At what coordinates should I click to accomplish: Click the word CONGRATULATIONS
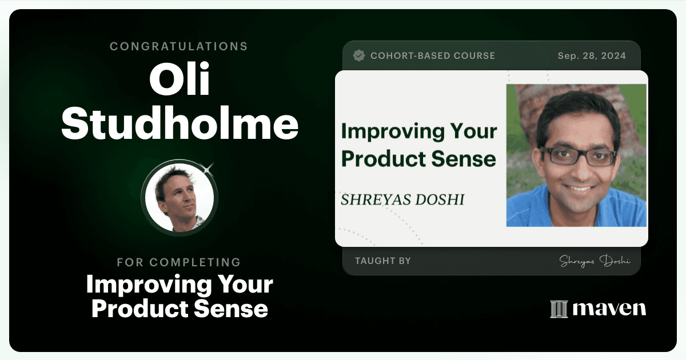click(178, 46)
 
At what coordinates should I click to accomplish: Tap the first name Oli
click(180, 79)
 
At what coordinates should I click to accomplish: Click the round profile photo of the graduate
click(180, 198)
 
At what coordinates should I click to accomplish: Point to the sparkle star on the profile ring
click(208, 169)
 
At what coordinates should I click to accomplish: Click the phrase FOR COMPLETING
click(179, 262)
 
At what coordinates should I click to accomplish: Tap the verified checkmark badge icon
click(359, 55)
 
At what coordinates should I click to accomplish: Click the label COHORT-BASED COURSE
click(433, 56)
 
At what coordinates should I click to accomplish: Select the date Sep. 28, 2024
click(592, 56)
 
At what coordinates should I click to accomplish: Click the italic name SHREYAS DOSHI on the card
click(402, 199)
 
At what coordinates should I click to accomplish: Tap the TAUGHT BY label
click(383, 261)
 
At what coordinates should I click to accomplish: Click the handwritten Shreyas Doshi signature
click(595, 261)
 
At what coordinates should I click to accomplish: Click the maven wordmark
click(609, 309)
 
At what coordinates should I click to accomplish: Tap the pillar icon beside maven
click(559, 309)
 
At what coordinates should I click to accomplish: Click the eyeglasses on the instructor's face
click(579, 156)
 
